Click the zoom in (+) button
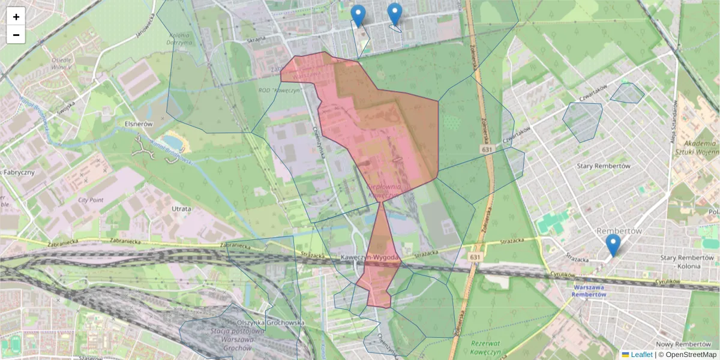[16, 17]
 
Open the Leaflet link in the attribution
[641, 355]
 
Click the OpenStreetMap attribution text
[688, 355]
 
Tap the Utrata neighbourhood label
[181, 209]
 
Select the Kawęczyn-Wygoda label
[370, 257]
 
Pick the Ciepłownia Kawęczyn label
[383, 191]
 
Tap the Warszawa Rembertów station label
[589, 290]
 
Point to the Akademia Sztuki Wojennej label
[699, 148]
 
